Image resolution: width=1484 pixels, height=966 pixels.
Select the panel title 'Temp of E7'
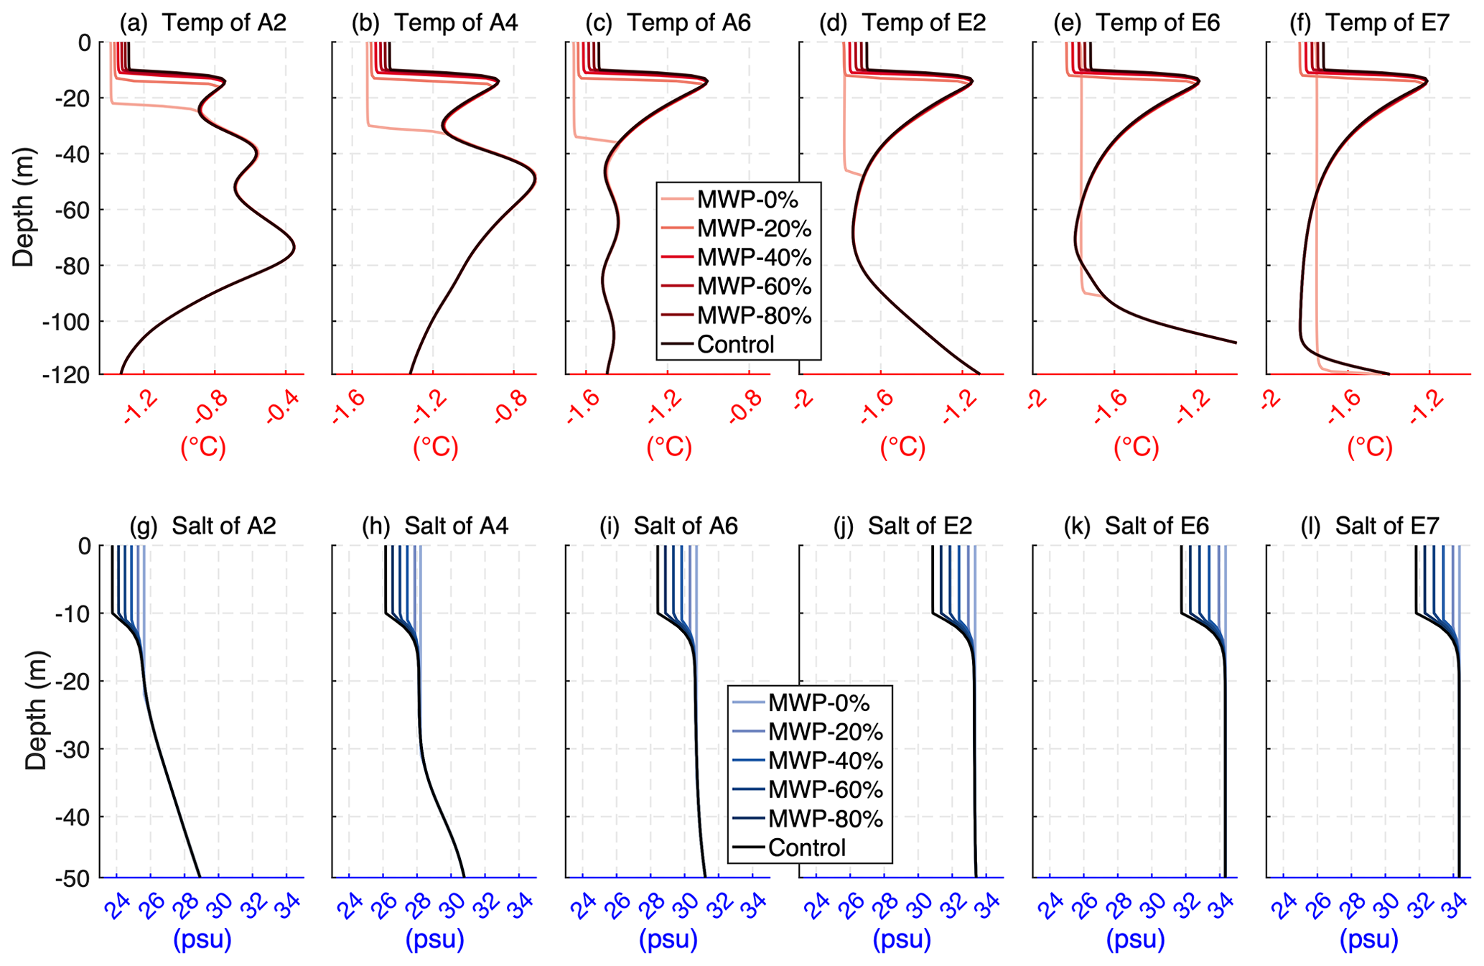pyautogui.click(x=1386, y=23)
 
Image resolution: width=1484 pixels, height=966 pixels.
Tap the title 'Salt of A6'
pyautogui.click(x=685, y=526)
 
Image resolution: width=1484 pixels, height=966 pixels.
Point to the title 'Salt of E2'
pyautogui.click(x=920, y=526)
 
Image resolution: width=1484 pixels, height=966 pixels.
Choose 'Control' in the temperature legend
pyautogui.click(x=735, y=345)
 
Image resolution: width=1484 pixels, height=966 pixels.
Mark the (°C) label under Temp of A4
pyautogui.click(x=435, y=447)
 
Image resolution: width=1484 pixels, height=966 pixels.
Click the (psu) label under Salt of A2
pyautogui.click(x=202, y=939)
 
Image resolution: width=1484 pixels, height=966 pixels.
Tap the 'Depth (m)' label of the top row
pyautogui.click(x=23, y=208)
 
